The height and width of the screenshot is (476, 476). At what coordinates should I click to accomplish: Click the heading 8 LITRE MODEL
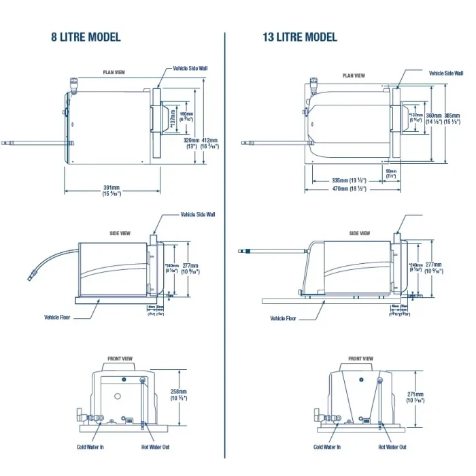click(86, 37)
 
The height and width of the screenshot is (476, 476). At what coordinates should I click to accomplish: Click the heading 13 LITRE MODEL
click(300, 37)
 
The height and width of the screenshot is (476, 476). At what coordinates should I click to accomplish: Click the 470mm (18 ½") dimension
click(345, 188)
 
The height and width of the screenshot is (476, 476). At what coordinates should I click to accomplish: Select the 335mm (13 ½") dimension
click(345, 180)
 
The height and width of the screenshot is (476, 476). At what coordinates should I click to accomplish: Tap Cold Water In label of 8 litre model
click(90, 447)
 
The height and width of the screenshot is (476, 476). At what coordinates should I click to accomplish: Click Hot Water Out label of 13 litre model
click(392, 447)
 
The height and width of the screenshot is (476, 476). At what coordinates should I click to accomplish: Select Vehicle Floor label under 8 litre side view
click(59, 317)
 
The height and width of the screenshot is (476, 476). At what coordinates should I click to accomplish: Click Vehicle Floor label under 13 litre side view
click(282, 318)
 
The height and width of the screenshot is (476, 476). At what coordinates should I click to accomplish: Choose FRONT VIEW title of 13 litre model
click(360, 358)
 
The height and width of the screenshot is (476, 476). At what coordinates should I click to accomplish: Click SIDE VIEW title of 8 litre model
click(120, 233)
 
